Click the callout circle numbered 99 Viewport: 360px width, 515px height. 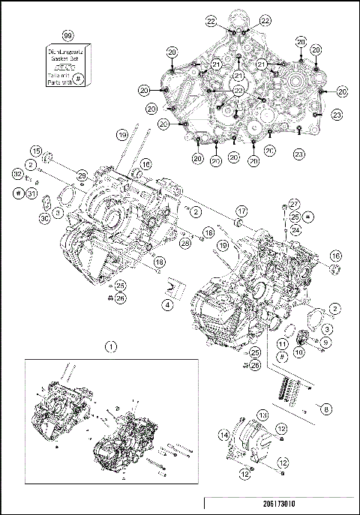67,35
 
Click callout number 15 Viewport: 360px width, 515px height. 35,149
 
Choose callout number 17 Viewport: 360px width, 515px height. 241,211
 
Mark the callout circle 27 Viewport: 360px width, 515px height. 294,202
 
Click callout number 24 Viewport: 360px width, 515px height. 295,229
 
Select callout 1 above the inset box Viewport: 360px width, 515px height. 111,346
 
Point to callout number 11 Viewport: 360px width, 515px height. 282,343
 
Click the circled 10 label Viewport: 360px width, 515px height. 298,351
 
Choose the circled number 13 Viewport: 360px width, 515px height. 262,415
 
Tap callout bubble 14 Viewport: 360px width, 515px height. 223,434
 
